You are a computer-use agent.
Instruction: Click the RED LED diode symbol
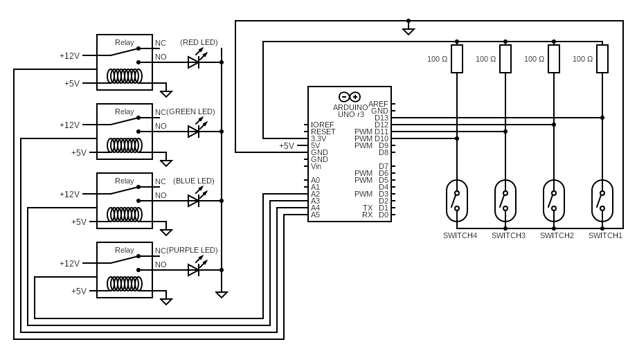(x=194, y=62)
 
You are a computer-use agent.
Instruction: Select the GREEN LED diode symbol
(x=194, y=132)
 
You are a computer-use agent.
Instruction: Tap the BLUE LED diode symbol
(x=194, y=201)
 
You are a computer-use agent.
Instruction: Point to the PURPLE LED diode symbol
(x=194, y=270)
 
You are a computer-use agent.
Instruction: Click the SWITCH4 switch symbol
(x=457, y=201)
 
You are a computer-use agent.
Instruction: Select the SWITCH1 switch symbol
(x=602, y=201)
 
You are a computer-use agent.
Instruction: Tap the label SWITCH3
(x=508, y=235)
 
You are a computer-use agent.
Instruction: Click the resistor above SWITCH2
(x=554, y=59)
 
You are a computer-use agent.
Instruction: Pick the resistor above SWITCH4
(x=457, y=59)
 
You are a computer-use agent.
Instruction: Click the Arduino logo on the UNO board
(x=350, y=97)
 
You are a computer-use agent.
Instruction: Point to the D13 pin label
(x=382, y=118)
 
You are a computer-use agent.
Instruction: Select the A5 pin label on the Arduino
(x=315, y=215)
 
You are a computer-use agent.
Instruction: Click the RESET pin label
(x=323, y=132)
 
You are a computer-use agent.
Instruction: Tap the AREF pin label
(x=378, y=104)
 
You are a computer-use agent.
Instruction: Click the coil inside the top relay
(x=125, y=75)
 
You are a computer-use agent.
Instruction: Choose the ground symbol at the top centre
(x=409, y=30)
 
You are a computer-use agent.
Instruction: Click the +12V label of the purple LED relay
(x=69, y=264)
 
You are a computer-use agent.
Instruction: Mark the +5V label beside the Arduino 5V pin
(x=287, y=146)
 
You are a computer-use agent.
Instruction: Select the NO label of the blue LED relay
(x=161, y=195)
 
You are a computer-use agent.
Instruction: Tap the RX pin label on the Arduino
(x=367, y=215)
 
